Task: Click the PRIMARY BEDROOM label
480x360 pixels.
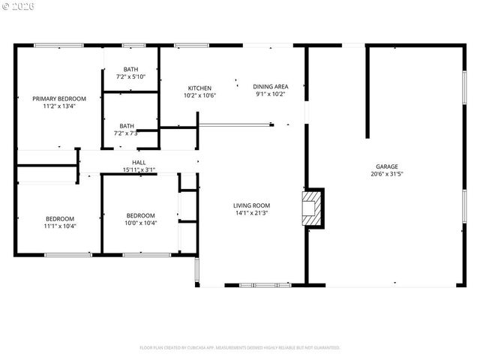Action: click(58, 98)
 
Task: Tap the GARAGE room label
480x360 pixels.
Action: click(387, 166)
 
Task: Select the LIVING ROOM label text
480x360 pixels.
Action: click(251, 205)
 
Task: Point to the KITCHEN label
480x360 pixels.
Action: click(199, 88)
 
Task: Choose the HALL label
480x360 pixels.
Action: click(139, 162)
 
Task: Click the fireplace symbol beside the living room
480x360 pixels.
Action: click(312, 208)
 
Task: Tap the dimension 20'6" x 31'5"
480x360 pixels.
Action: click(387, 174)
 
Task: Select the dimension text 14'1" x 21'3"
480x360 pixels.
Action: click(251, 212)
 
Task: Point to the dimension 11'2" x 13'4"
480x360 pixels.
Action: click(58, 106)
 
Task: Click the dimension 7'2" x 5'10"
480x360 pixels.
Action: click(130, 76)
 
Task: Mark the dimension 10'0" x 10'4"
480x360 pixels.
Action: click(140, 223)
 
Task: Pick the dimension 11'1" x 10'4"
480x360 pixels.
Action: click(60, 226)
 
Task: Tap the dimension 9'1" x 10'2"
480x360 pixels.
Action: click(271, 95)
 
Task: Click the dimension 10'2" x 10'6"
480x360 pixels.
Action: click(199, 95)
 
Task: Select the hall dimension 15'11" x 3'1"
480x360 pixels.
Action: click(139, 169)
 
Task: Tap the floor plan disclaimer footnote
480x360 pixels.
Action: click(240, 347)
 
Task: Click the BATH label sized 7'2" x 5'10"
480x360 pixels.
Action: click(130, 69)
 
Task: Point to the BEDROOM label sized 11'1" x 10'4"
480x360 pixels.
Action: click(60, 218)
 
